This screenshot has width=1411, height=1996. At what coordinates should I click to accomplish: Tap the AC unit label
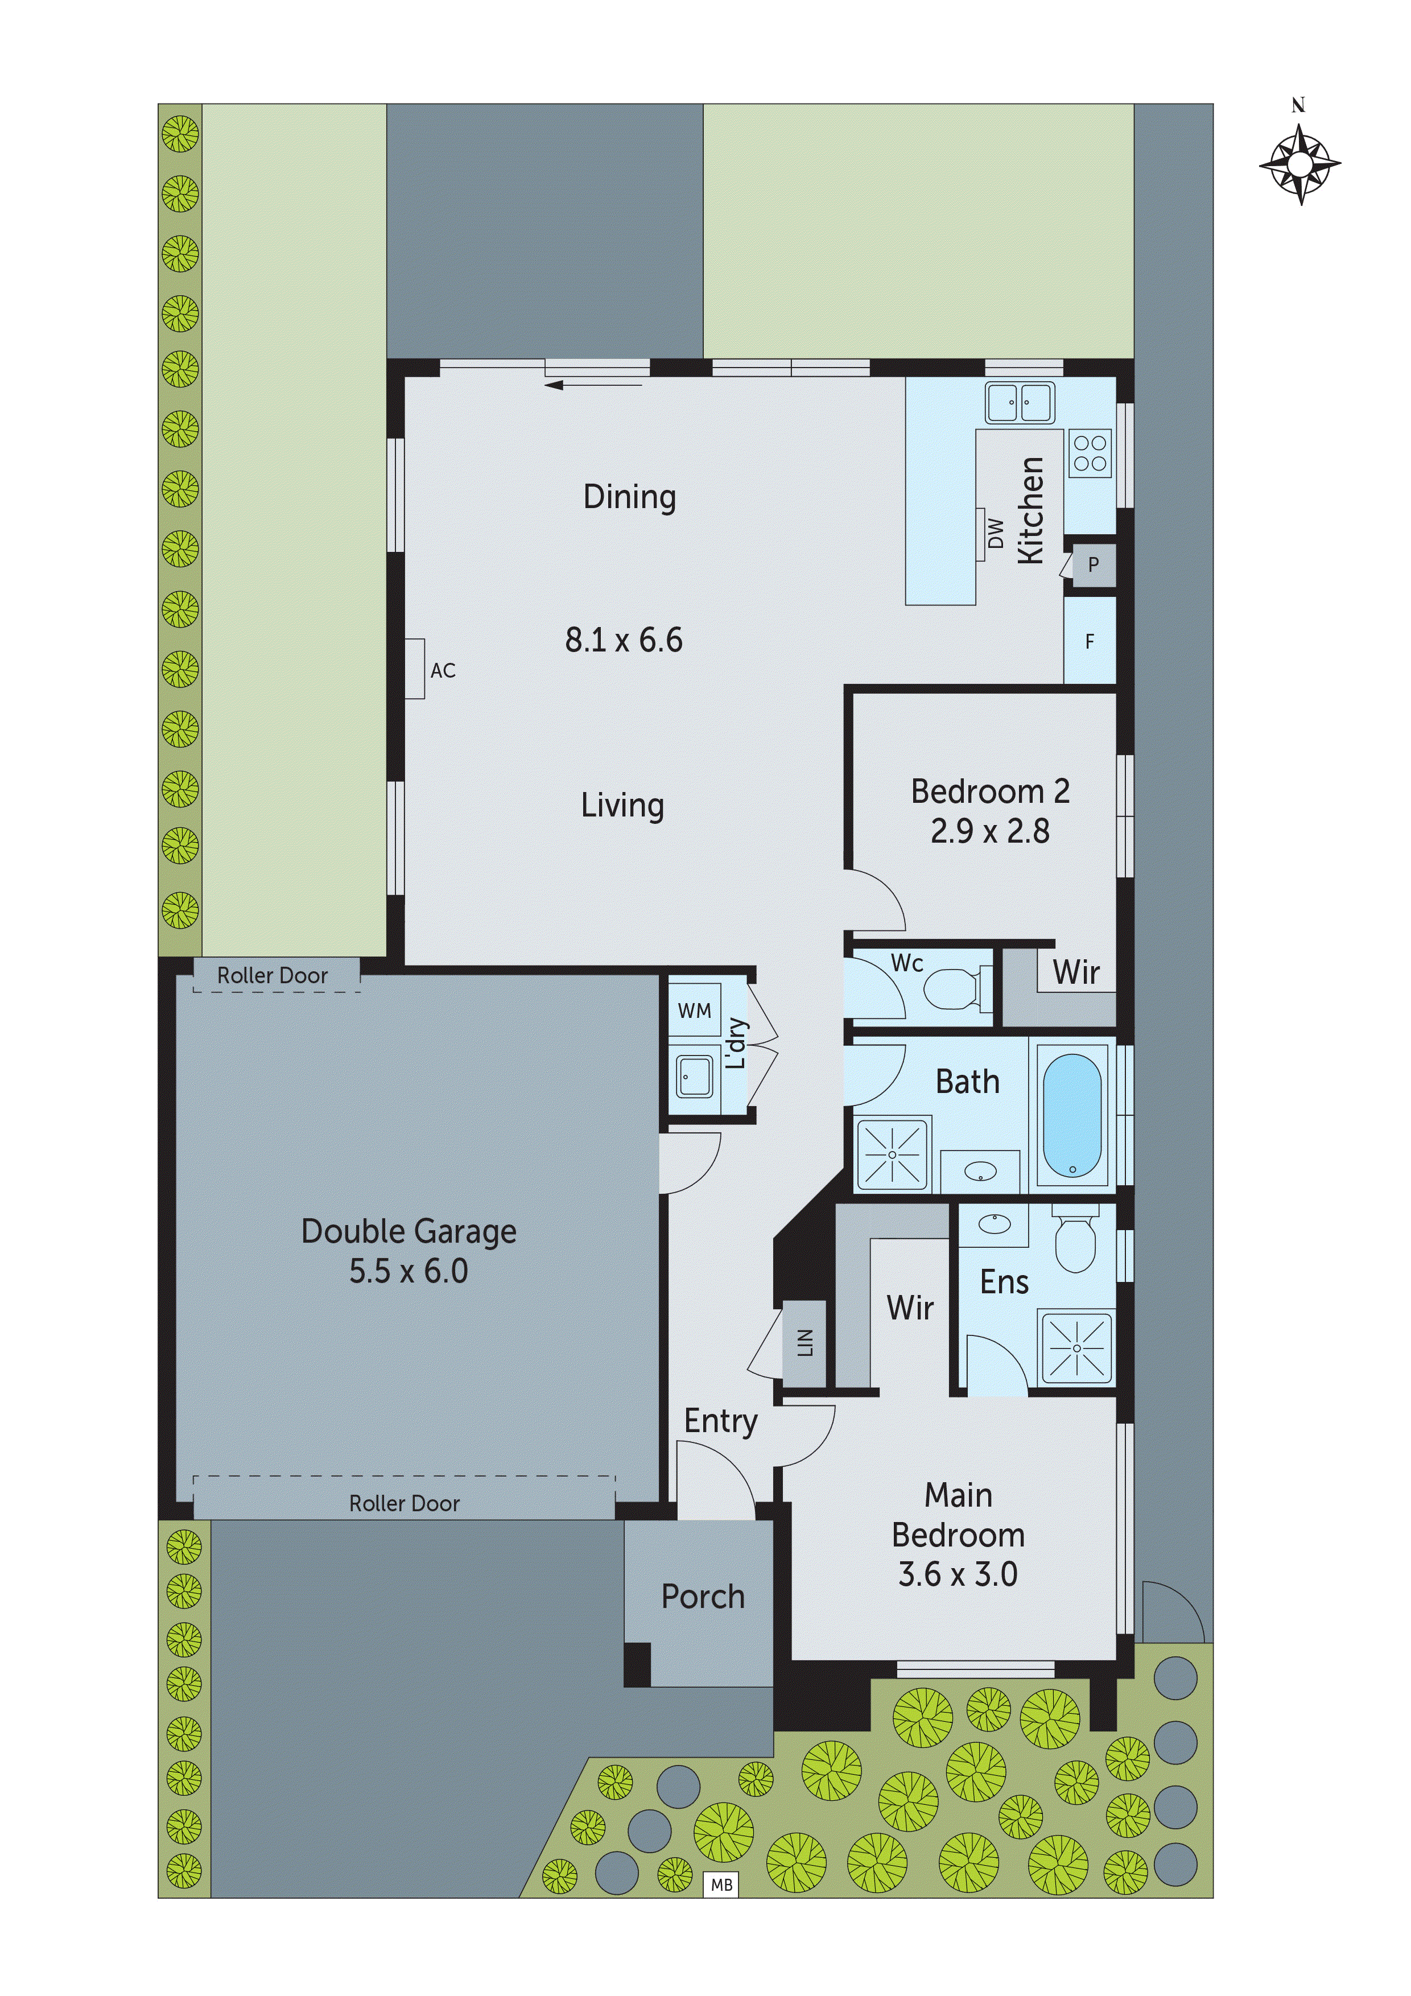(x=443, y=670)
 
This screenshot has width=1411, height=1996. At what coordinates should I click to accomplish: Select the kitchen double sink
(x=1019, y=402)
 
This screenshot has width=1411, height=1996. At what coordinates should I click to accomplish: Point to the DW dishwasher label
(x=996, y=534)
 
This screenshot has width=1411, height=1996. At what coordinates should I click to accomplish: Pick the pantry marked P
(x=1093, y=564)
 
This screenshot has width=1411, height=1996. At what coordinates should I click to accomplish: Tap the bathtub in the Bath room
(x=1071, y=1115)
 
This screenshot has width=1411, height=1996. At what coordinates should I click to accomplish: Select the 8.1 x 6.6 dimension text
(x=624, y=641)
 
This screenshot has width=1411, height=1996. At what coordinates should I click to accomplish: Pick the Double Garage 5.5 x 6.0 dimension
(x=409, y=1271)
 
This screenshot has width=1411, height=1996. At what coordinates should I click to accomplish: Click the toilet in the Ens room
(x=1075, y=1243)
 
